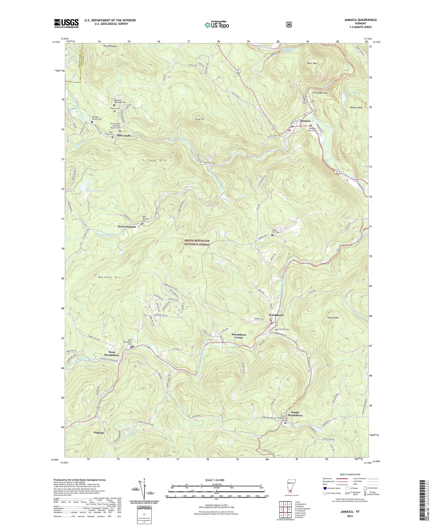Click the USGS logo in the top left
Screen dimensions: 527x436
pos(66,23)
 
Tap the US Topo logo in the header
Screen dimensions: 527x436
pos(216,25)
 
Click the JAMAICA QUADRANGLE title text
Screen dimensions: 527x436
pos(359,20)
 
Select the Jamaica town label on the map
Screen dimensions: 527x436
pos(305,121)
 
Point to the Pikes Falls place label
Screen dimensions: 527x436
pos(124,136)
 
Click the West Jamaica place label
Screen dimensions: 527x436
pos(127,226)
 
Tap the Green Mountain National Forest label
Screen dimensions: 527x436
pos(197,242)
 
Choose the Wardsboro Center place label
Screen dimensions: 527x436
pos(239,336)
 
